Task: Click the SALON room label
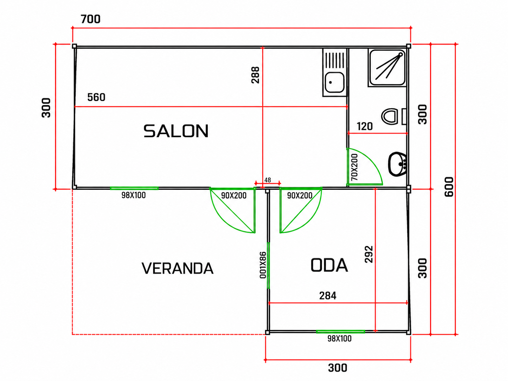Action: tap(176, 131)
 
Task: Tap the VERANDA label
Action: tap(178, 268)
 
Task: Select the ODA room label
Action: tap(329, 265)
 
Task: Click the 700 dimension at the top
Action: tap(91, 19)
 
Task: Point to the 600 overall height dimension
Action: tap(449, 187)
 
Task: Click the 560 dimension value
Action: tap(96, 97)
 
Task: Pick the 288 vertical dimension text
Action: tap(255, 75)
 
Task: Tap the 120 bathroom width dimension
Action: tap(365, 126)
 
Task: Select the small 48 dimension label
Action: tap(268, 180)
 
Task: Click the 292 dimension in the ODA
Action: tap(369, 254)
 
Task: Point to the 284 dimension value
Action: tap(328, 296)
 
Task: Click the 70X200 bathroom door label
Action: tap(354, 167)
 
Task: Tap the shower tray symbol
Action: tap(387, 68)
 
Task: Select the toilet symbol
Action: tap(393, 116)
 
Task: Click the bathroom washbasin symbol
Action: tap(397, 164)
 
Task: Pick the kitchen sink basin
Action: tap(334, 82)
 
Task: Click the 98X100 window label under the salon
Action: tap(134, 195)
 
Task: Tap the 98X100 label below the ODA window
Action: tap(339, 339)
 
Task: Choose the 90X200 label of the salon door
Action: tap(234, 196)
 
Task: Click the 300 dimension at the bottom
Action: tap(337, 368)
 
